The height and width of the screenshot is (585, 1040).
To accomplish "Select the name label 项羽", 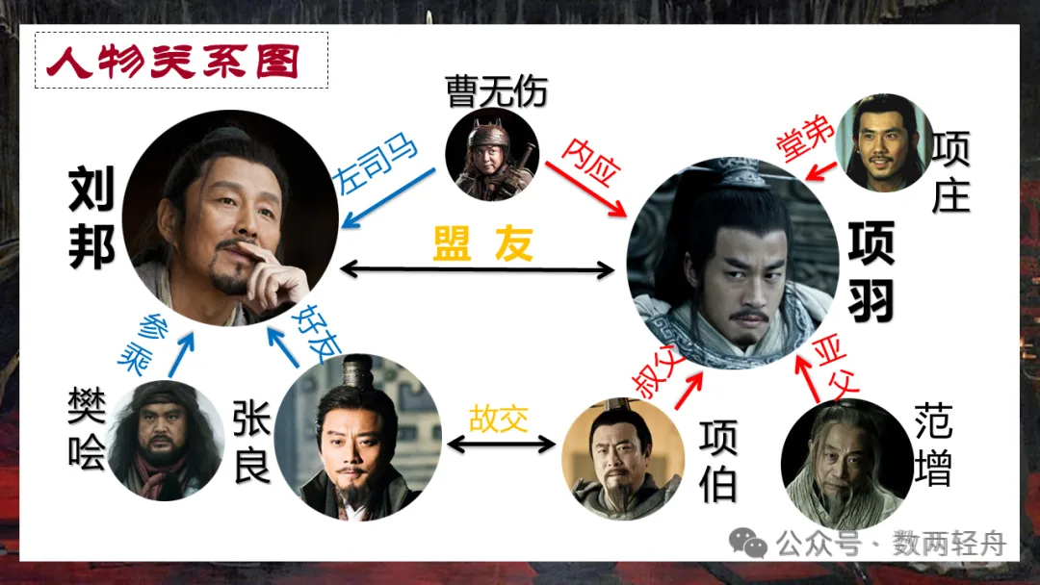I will pyautogui.click(x=871, y=271).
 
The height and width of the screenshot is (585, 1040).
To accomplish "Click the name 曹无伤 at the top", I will pyautogui.click(x=496, y=91).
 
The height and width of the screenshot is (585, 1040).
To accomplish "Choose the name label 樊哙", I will pyautogui.click(x=87, y=428).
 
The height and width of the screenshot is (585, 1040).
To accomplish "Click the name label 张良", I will pyautogui.click(x=251, y=442).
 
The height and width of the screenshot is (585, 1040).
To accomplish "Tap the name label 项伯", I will pyautogui.click(x=718, y=462).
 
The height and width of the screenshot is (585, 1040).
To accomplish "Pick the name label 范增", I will pyautogui.click(x=933, y=445).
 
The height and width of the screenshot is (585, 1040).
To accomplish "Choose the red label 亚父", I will pyautogui.click(x=835, y=363).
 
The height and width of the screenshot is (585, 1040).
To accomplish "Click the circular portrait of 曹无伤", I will pyautogui.click(x=491, y=153).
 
